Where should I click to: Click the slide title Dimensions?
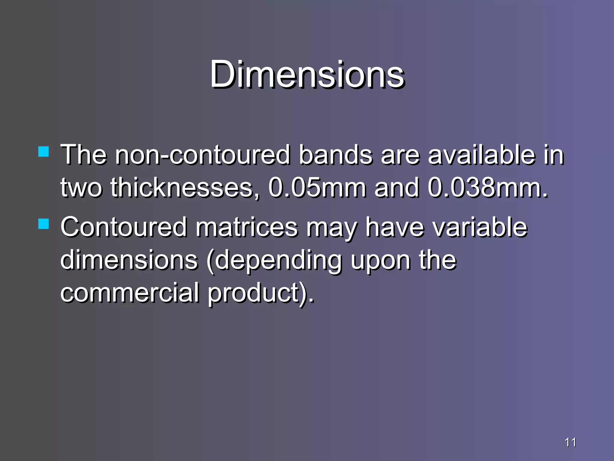tap(307, 74)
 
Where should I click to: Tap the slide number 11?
tap(570, 442)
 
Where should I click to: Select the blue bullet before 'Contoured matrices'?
tap(44, 224)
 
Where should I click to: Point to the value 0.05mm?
tap(317, 188)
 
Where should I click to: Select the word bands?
tap(335, 155)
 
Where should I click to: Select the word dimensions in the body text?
tap(129, 260)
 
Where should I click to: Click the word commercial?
tap(130, 293)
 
